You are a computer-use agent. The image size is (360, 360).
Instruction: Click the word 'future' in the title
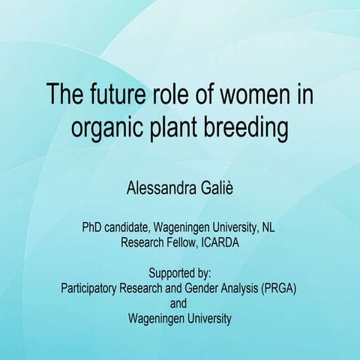pyautogui.click(x=113, y=97)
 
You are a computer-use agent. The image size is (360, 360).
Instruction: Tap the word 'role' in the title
pyautogui.click(x=174, y=97)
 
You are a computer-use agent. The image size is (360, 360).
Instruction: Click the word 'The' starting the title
pyautogui.click(x=64, y=97)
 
